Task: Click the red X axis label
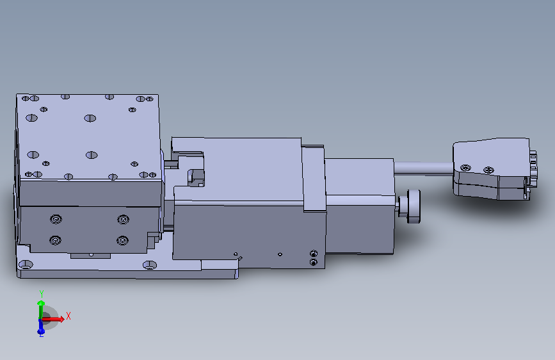click(x=68, y=316)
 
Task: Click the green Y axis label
click(x=42, y=294)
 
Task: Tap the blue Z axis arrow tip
click(x=41, y=332)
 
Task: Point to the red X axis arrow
click(x=52, y=319)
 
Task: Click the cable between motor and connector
click(x=423, y=168)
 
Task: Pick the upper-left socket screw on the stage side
click(x=56, y=219)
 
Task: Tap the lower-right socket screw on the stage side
click(x=122, y=241)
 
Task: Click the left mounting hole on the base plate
click(x=26, y=265)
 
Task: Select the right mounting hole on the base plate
click(x=149, y=265)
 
